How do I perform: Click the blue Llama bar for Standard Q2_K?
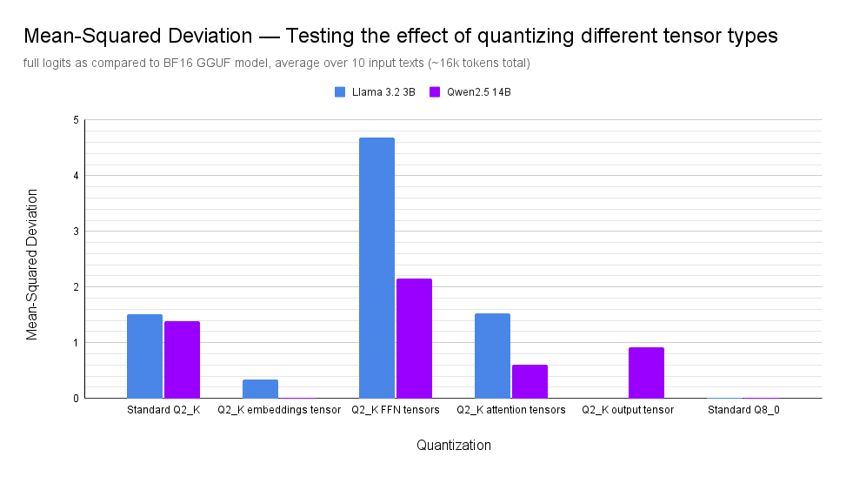144,356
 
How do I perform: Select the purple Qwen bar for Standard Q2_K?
182,359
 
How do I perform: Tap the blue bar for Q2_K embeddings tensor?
260,389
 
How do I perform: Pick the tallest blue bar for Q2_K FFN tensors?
376,267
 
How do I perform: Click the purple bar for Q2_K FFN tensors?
414,338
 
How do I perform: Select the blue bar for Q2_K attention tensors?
492,355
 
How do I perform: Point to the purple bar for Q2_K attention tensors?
530,381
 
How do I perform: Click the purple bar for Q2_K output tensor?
646,373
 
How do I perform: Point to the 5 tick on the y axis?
76,120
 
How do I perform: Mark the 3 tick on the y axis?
76,232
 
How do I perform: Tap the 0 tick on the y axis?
76,399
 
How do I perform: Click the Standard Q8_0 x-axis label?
743,410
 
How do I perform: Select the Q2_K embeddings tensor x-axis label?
279,410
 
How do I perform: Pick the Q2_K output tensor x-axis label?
628,410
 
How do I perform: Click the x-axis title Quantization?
453,446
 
